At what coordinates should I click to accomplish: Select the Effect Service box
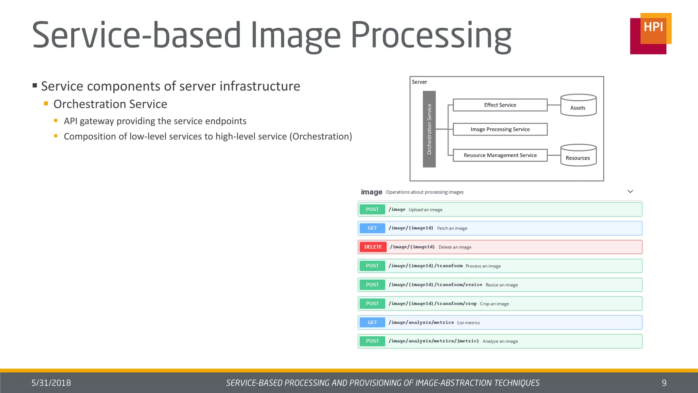pyautogui.click(x=500, y=105)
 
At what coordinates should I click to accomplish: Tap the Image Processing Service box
pyautogui.click(x=500, y=129)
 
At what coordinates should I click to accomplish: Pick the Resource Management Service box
pyautogui.click(x=500, y=155)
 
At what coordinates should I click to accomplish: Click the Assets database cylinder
pyautogui.click(x=578, y=105)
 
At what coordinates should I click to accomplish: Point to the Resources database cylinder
pyautogui.click(x=578, y=156)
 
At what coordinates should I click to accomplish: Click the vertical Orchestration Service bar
pyautogui.click(x=429, y=129)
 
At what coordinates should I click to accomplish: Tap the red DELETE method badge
pyautogui.click(x=373, y=247)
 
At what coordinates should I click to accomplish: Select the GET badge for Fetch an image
pyautogui.click(x=372, y=228)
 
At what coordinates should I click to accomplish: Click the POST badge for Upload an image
pyautogui.click(x=372, y=209)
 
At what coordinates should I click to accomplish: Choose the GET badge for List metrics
pyautogui.click(x=372, y=322)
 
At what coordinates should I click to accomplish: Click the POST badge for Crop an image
pyautogui.click(x=372, y=304)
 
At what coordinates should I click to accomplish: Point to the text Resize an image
pyautogui.click(x=501, y=285)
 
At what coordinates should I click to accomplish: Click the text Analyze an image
pyautogui.click(x=500, y=341)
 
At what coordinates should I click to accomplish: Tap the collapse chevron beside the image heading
pyautogui.click(x=630, y=192)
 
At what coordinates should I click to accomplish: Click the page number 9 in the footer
pyautogui.click(x=664, y=383)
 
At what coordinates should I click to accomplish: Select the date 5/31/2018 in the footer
pyautogui.click(x=51, y=383)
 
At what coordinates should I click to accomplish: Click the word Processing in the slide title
pyautogui.click(x=431, y=35)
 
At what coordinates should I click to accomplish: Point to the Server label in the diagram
pyautogui.click(x=419, y=82)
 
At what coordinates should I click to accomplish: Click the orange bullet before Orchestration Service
pyautogui.click(x=46, y=103)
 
